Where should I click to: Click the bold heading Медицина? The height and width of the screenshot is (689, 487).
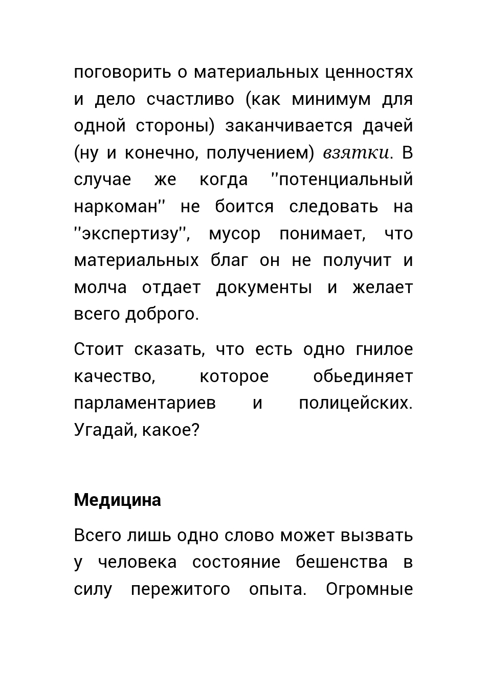[x=117, y=500]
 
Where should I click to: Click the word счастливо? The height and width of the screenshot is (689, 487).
[x=190, y=99]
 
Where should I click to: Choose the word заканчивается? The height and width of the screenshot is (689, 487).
[x=289, y=126]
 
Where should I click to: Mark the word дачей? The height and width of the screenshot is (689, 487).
[x=387, y=126]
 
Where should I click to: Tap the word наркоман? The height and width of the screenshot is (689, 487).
[x=115, y=207]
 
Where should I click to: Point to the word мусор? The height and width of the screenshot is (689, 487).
[x=234, y=234]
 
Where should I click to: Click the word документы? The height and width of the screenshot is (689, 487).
[x=263, y=287]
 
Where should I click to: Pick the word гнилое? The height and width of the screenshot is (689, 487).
[x=384, y=349]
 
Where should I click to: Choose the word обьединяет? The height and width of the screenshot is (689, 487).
[x=363, y=376]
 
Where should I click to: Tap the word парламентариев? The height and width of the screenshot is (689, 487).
[x=145, y=403]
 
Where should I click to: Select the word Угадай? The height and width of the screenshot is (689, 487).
[x=104, y=430]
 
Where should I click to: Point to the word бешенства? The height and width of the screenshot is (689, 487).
[x=341, y=562]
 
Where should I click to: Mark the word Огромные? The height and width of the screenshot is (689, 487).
[x=369, y=589]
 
